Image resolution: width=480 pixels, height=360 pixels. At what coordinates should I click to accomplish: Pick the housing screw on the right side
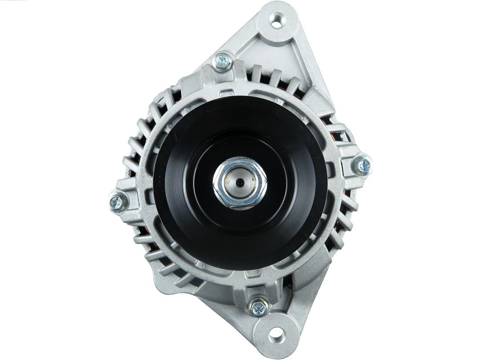(x=363, y=166)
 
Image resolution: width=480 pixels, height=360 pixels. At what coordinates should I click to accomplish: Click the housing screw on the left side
(x=118, y=202)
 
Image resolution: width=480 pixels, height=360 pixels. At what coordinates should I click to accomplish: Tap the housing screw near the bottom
(x=258, y=306)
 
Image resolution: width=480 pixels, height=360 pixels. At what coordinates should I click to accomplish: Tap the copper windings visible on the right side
(x=342, y=133)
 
